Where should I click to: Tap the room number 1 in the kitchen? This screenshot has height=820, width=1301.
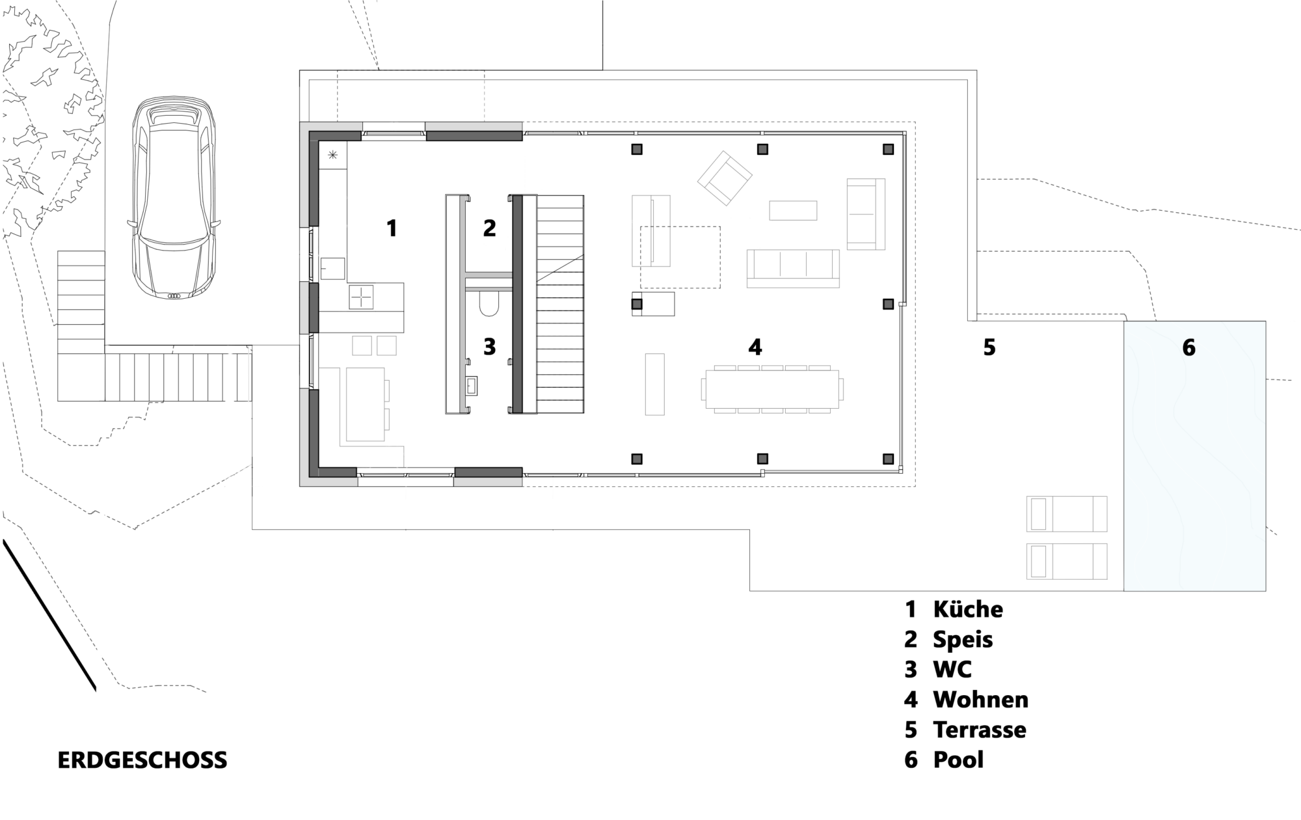(x=392, y=228)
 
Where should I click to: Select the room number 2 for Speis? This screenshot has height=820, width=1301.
(x=490, y=228)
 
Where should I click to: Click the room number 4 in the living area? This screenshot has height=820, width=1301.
(x=755, y=348)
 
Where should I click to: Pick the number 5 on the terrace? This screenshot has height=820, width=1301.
(x=989, y=348)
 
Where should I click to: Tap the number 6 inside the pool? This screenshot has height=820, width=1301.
(x=1188, y=348)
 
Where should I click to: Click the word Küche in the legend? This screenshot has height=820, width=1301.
(x=968, y=609)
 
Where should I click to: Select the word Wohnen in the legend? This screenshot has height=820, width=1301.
(x=981, y=700)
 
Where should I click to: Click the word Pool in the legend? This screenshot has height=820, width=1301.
(x=958, y=759)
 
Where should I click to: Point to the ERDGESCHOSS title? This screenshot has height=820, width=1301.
(x=142, y=761)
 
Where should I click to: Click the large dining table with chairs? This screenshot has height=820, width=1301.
(x=772, y=389)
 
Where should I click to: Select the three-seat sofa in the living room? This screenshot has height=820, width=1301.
(x=793, y=268)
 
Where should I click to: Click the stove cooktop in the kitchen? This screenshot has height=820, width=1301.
(x=361, y=297)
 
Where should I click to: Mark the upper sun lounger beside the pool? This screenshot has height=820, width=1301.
(x=1067, y=514)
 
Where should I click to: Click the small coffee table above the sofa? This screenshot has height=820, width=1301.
(x=793, y=210)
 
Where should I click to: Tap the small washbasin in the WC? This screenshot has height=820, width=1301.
(x=471, y=386)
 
